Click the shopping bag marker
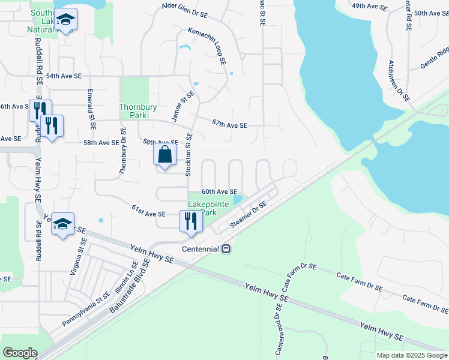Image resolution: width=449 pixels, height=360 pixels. [164, 155]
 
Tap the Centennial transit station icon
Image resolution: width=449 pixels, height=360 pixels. [226, 248]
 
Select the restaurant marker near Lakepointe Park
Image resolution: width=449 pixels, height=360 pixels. [190, 221]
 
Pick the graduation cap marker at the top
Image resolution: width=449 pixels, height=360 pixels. [67, 20]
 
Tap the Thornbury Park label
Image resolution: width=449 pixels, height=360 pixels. [137, 111]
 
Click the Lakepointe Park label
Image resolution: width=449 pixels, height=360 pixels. [208, 208]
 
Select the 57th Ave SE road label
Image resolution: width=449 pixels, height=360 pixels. [229, 124]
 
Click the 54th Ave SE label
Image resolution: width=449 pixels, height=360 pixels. [64, 76]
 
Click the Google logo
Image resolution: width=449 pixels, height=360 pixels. [20, 353]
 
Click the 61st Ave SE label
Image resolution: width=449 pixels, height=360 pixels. [148, 213]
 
